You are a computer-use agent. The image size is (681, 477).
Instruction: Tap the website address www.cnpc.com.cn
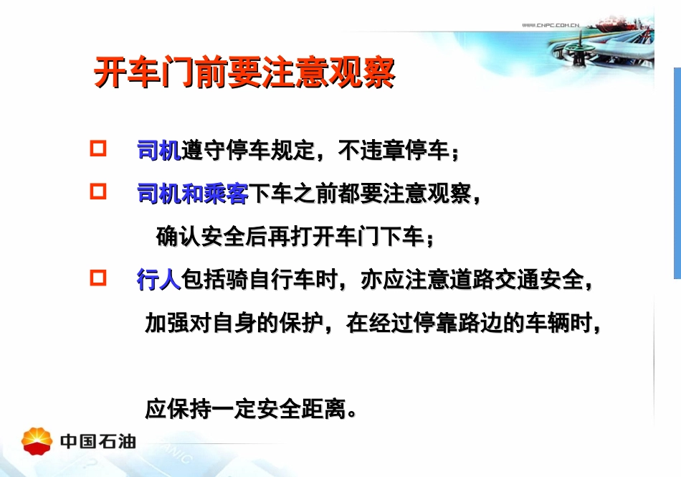(x=550, y=26)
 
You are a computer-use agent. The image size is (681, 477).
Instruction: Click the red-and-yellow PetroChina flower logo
(x=37, y=440)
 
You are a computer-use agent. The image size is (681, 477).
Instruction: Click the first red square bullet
(x=98, y=149)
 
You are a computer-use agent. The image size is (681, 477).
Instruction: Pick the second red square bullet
(x=98, y=192)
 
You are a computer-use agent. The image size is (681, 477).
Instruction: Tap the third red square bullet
(x=98, y=278)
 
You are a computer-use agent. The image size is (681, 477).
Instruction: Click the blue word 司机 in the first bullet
(x=158, y=151)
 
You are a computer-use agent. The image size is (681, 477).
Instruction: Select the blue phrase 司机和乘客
(x=192, y=194)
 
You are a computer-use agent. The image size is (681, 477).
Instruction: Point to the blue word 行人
(x=158, y=280)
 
